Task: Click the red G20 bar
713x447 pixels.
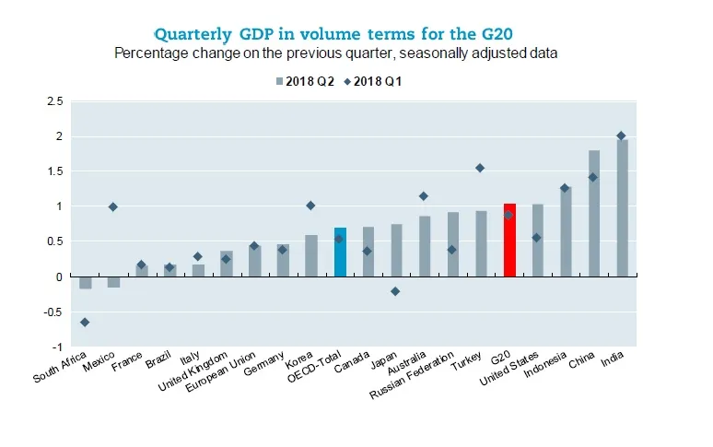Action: [x=510, y=240]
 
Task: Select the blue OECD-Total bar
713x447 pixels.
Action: [x=340, y=252]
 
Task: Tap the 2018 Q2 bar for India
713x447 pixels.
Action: [x=623, y=207]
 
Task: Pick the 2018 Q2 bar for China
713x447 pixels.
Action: [x=594, y=213]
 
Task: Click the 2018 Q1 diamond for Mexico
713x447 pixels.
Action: [x=113, y=206]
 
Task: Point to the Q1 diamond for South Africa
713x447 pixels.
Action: [x=85, y=322]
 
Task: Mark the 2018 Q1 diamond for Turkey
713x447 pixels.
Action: [x=481, y=168]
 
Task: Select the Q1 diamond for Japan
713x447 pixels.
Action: [x=396, y=291]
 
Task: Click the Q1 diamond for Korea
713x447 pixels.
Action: [x=311, y=206]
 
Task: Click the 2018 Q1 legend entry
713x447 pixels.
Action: [x=376, y=81]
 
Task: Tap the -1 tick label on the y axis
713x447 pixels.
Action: [x=56, y=347]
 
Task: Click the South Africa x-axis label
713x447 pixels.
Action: [x=59, y=363]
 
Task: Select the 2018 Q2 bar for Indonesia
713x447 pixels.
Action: [x=567, y=231]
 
